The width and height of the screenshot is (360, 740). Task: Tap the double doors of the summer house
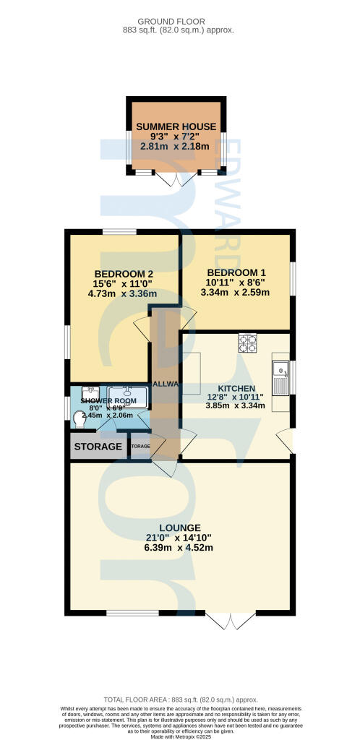coord(176,180)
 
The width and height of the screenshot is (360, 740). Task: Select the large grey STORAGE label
coord(98,447)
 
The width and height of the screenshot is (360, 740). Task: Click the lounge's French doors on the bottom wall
coord(231,620)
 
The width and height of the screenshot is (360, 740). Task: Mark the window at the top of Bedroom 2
coord(119,231)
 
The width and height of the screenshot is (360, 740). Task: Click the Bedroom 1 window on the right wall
coord(293,278)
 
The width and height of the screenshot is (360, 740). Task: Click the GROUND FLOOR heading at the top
coord(180,21)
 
